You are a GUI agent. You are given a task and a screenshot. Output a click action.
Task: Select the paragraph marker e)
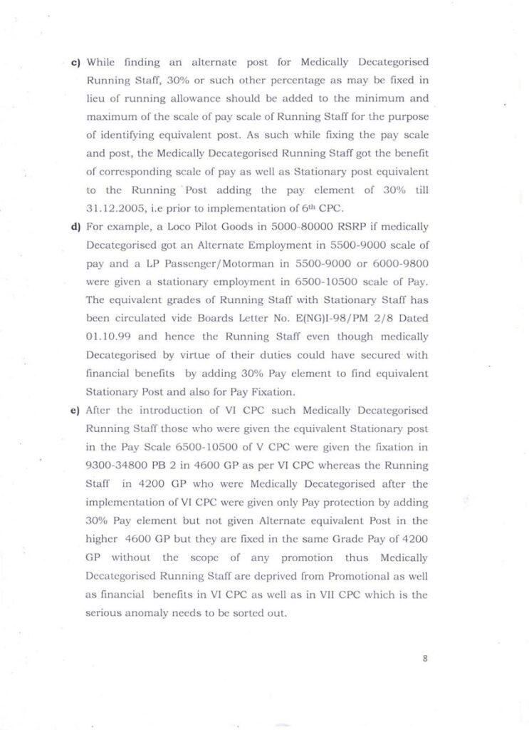[x=75, y=411]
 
